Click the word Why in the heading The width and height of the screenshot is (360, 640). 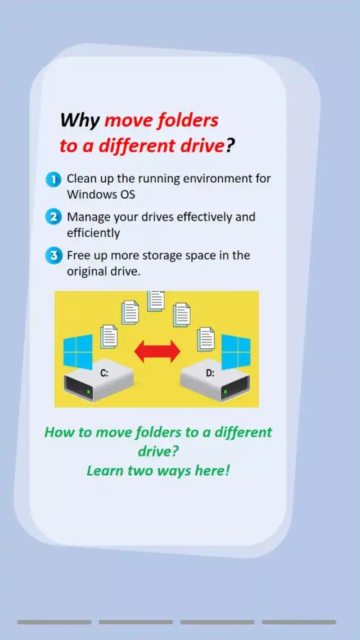point(79,120)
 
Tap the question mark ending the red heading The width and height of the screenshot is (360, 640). point(231,146)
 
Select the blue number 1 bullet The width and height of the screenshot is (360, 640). point(53,179)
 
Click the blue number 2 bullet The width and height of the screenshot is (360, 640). point(53,217)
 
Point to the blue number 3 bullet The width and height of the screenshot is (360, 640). point(53,256)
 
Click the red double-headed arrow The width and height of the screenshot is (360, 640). point(157,351)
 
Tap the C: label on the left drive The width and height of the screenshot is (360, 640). point(105,373)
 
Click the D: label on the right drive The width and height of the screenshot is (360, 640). point(210,373)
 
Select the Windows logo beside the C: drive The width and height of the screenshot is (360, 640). point(78,351)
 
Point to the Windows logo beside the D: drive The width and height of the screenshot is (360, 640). point(236,351)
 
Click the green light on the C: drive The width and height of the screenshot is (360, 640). point(88,392)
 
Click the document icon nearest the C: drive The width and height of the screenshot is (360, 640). point(109,336)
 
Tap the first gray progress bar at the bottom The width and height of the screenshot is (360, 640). point(55,622)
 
